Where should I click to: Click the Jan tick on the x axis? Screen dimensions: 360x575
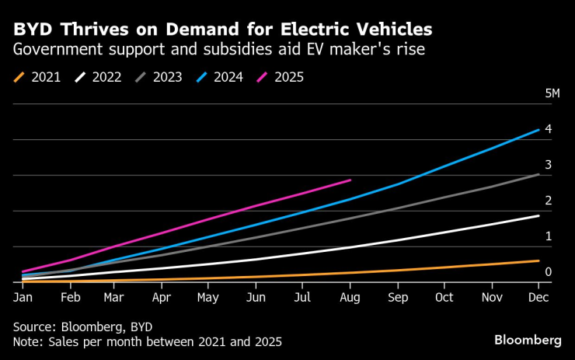(x=23, y=297)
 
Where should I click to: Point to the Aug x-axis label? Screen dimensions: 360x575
(x=350, y=297)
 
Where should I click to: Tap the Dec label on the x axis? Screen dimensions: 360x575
(x=539, y=297)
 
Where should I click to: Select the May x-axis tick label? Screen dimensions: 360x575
(x=208, y=297)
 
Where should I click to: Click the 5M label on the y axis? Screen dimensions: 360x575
(x=552, y=93)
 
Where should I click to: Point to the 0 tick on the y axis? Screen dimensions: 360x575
(x=549, y=271)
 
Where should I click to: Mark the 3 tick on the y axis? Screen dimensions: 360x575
(x=549, y=164)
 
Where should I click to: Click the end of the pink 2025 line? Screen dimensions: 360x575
(x=350, y=180)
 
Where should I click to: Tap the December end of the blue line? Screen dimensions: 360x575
(x=539, y=130)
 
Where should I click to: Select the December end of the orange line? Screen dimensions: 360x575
(x=539, y=260)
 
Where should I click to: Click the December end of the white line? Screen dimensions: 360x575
(x=539, y=215)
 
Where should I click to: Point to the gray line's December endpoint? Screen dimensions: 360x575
(x=539, y=174)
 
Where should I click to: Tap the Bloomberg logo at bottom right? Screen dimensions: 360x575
(x=528, y=340)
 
